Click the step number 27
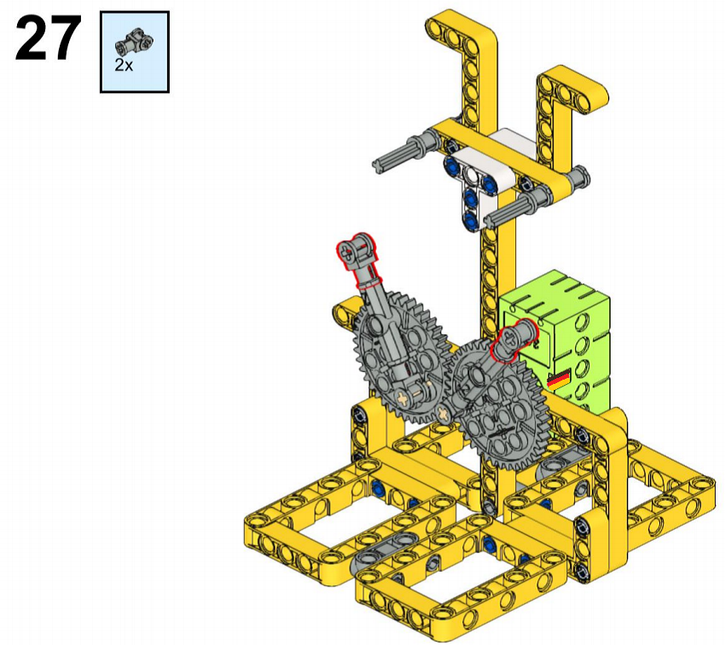coord(48,38)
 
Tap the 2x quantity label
coord(124,66)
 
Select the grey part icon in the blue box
coord(134,44)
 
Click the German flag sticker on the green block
coord(559,379)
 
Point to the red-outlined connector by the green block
coord(513,340)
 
